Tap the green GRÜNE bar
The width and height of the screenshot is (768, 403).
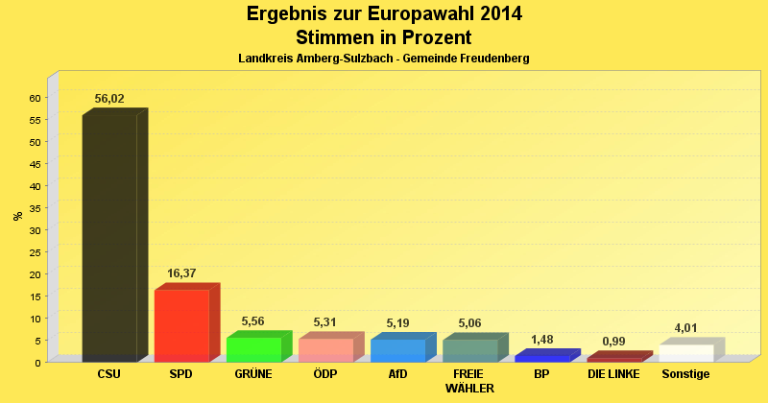(253, 349)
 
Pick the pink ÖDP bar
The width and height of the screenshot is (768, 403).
(325, 349)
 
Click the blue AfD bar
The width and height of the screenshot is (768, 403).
(397, 350)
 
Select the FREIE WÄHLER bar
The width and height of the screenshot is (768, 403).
(469, 350)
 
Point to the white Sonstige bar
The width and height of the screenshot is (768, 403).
(685, 353)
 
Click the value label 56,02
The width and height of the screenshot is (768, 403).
(109, 99)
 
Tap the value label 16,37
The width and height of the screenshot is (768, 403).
(181, 273)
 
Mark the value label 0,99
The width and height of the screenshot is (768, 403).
(614, 341)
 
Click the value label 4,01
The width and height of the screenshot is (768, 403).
(685, 328)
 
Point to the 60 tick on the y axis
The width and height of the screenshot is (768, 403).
(35, 98)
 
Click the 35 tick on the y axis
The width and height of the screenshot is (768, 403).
(35, 208)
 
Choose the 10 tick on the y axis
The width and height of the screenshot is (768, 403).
(35, 319)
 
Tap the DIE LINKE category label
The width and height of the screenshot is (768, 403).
(613, 374)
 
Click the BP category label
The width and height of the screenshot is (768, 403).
(541, 374)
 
